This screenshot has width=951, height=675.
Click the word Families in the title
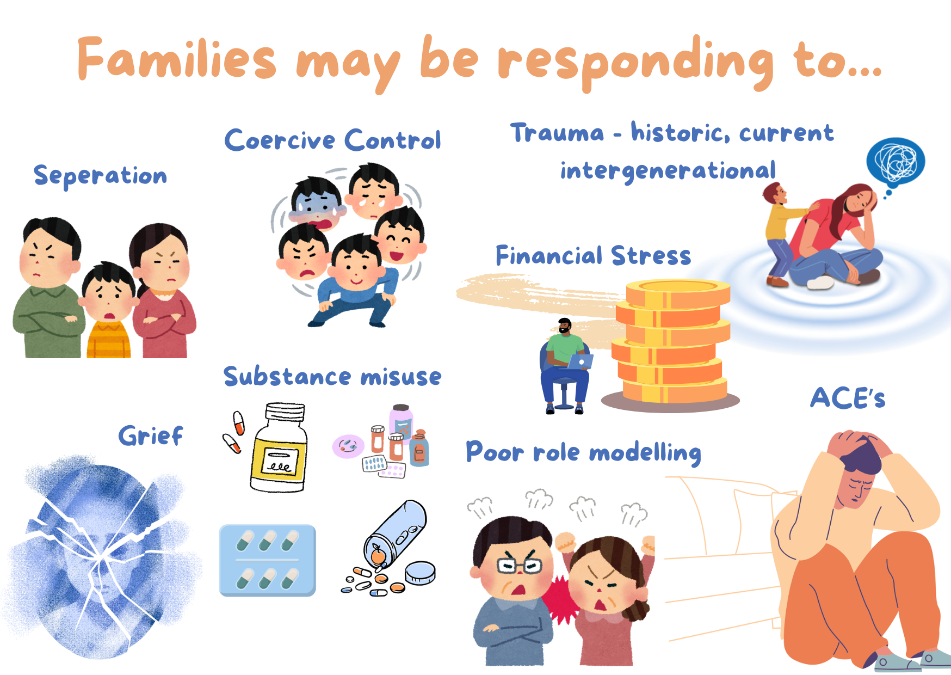point(177,59)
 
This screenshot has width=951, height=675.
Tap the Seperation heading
point(100,176)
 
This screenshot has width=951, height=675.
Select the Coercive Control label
point(332,140)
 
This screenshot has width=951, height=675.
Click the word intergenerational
point(668,171)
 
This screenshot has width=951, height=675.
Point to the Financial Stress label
point(593,255)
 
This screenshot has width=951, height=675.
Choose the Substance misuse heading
point(332,376)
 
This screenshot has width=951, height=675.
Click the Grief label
point(151,435)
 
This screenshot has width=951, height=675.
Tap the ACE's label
point(848,398)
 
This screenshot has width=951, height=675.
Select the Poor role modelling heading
point(583,452)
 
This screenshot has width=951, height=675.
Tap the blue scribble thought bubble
point(896,162)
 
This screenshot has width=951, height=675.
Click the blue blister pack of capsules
point(267,560)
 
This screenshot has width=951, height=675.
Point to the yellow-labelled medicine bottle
point(279,447)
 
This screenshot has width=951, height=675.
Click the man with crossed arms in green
point(48,289)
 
